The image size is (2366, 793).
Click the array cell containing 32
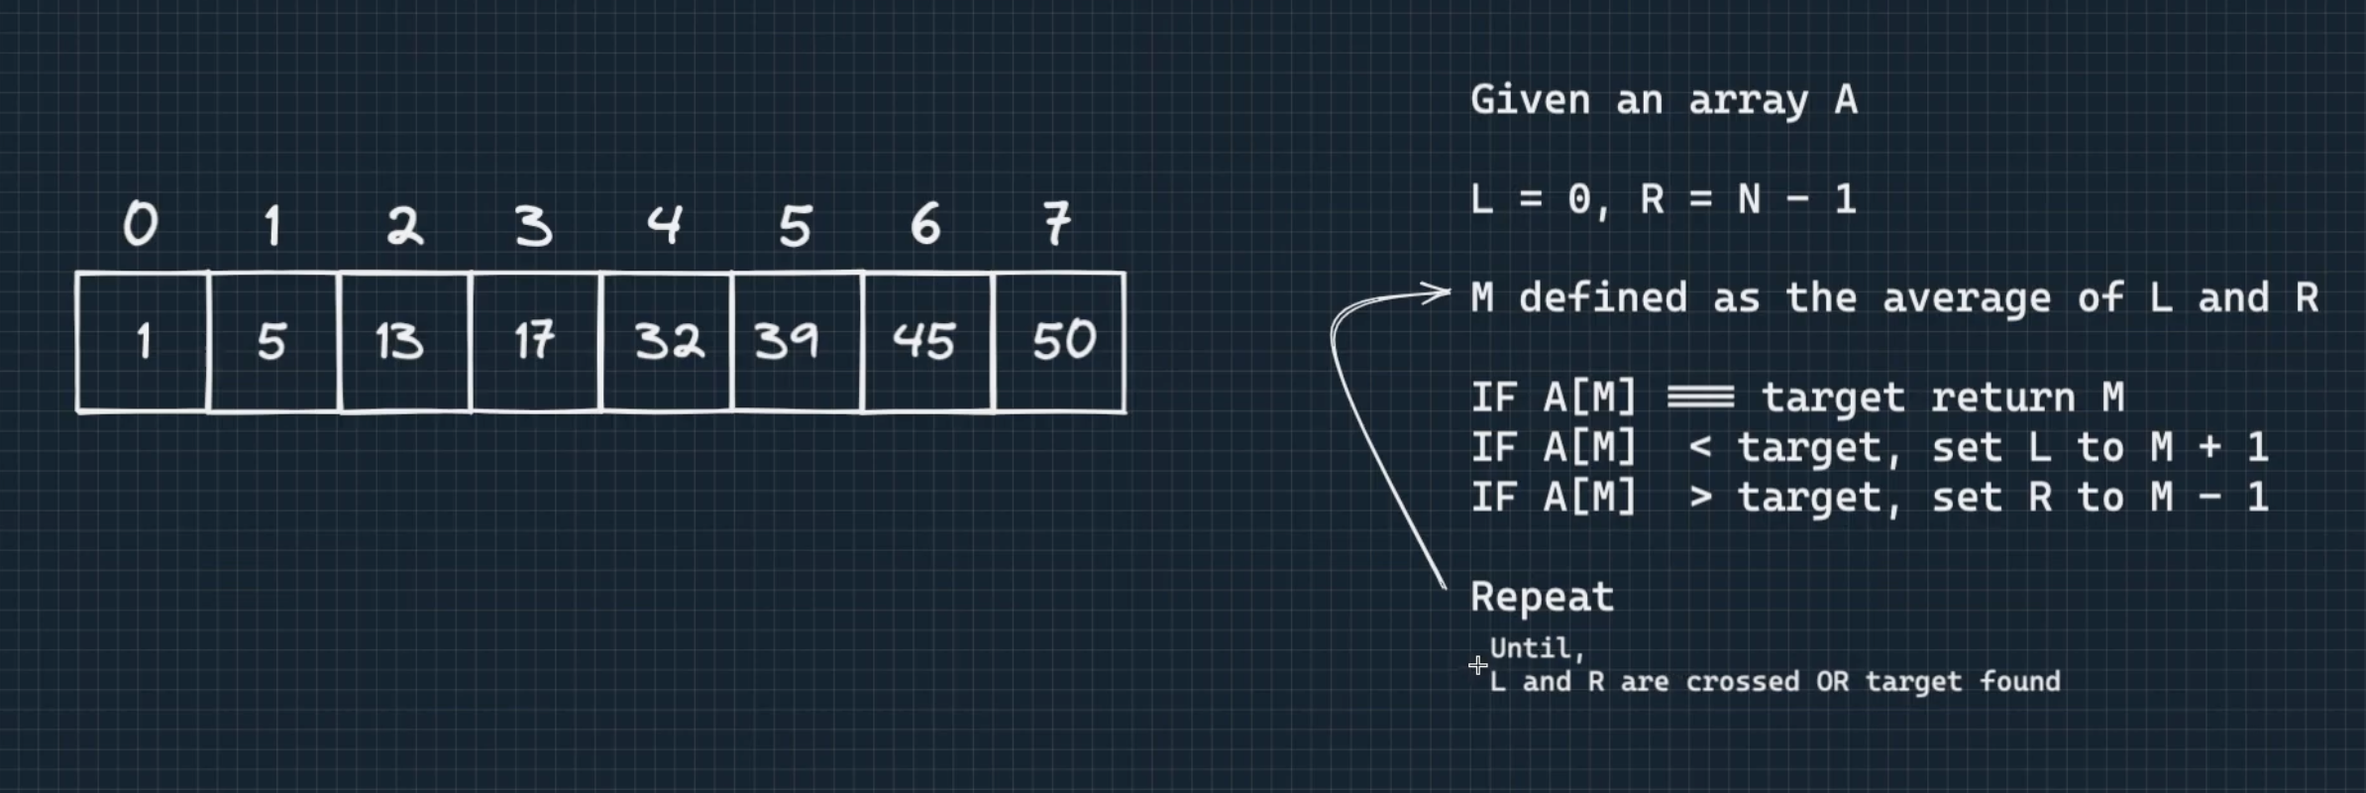coord(667,342)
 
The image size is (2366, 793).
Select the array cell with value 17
coord(535,342)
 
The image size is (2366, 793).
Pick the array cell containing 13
coord(403,342)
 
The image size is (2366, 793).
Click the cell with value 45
coord(927,342)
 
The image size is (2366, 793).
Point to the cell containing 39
coord(797,342)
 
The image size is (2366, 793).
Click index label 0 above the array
coord(141,224)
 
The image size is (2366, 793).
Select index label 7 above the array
coord(1057,224)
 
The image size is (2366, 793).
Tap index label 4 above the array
coord(665,224)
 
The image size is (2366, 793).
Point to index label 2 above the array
coord(404,225)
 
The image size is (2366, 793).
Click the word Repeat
coord(1542,597)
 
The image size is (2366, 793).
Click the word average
coord(1966,298)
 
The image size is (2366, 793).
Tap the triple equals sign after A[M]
coord(1700,397)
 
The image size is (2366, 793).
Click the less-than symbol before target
coord(1700,447)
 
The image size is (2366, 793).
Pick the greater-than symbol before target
coord(1700,497)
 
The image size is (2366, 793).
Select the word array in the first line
coord(1748,101)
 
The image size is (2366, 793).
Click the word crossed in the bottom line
coord(1742,682)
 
